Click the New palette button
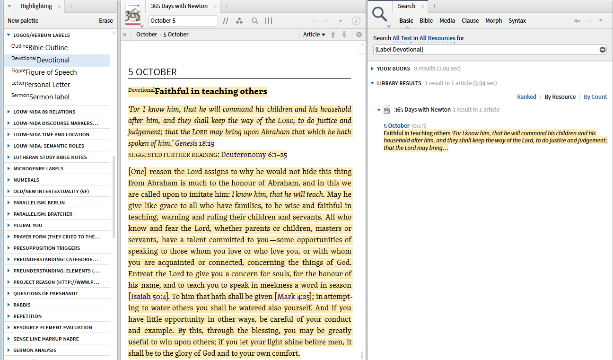click(23, 20)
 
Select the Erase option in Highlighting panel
click(105, 20)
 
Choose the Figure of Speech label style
click(51, 72)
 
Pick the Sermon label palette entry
click(49, 97)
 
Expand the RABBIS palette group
click(22, 305)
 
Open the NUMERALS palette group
click(26, 180)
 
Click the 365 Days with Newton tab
click(179, 6)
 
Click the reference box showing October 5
click(183, 20)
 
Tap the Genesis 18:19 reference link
click(194, 143)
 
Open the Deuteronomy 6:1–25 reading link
click(254, 155)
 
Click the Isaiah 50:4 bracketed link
click(148, 297)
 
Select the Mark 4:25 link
click(294, 297)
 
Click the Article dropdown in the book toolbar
click(314, 34)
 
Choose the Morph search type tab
click(493, 20)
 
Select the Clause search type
click(470, 20)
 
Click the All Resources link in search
click(437, 38)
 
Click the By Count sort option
click(595, 97)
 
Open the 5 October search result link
click(396, 126)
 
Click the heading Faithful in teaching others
click(210, 91)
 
